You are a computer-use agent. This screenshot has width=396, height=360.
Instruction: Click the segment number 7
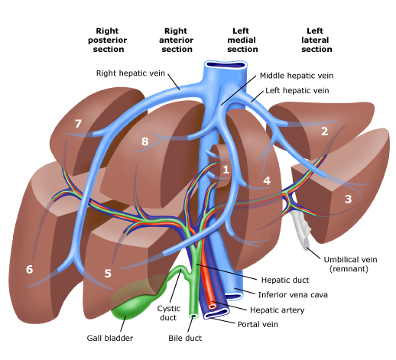(x=77, y=123)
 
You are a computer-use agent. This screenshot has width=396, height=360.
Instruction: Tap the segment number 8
(x=144, y=141)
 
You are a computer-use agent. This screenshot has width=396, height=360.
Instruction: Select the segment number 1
(x=226, y=169)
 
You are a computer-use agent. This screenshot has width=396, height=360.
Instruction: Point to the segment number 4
(x=267, y=181)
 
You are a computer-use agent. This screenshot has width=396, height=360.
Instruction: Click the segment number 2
(x=324, y=131)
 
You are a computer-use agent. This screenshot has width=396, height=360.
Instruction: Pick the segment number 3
(x=348, y=199)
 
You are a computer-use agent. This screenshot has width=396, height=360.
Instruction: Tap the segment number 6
(x=29, y=269)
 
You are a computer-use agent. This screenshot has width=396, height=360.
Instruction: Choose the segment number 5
(x=108, y=272)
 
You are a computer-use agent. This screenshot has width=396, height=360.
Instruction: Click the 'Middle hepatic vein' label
(x=296, y=76)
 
